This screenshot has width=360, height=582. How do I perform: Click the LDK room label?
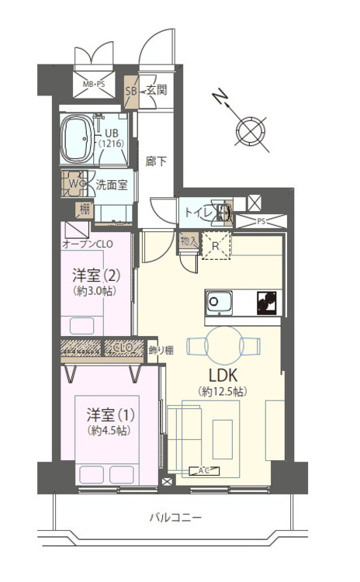coord(223,376)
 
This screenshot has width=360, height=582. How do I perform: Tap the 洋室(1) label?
coord(111,414)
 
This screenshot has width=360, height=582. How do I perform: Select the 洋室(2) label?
coord(96,275)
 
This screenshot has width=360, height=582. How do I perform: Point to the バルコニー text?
coord(175,517)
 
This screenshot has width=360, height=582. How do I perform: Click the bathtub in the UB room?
coord(77,139)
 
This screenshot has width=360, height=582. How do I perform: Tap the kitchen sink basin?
coord(220,302)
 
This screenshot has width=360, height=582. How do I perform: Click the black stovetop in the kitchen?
coord(267,303)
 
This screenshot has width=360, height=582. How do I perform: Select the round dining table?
coord(223,345)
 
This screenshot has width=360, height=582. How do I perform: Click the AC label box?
coord(204,471)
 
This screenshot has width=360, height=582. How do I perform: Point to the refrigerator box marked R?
coord(216,246)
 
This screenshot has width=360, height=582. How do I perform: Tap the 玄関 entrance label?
coord(157,90)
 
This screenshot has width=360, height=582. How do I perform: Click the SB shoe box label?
coord(131,91)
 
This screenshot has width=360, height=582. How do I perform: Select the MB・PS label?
coord(94,85)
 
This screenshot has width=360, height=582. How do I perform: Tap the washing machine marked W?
coord(74,183)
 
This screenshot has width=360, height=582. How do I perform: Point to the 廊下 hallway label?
coord(156,161)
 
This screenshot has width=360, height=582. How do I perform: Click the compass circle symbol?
coord(251,130)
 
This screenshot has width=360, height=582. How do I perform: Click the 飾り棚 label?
coord(161,350)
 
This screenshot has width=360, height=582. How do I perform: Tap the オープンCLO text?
coord(88,244)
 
